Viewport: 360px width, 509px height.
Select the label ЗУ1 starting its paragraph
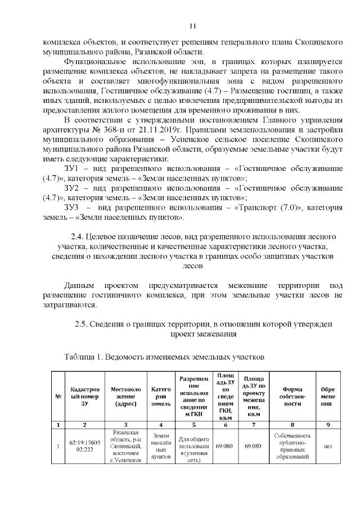coord(73,169)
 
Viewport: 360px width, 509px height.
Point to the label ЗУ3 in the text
coord(74,208)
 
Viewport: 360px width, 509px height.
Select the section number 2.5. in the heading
coord(84,324)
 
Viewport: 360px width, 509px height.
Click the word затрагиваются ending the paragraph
coord(70,305)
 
